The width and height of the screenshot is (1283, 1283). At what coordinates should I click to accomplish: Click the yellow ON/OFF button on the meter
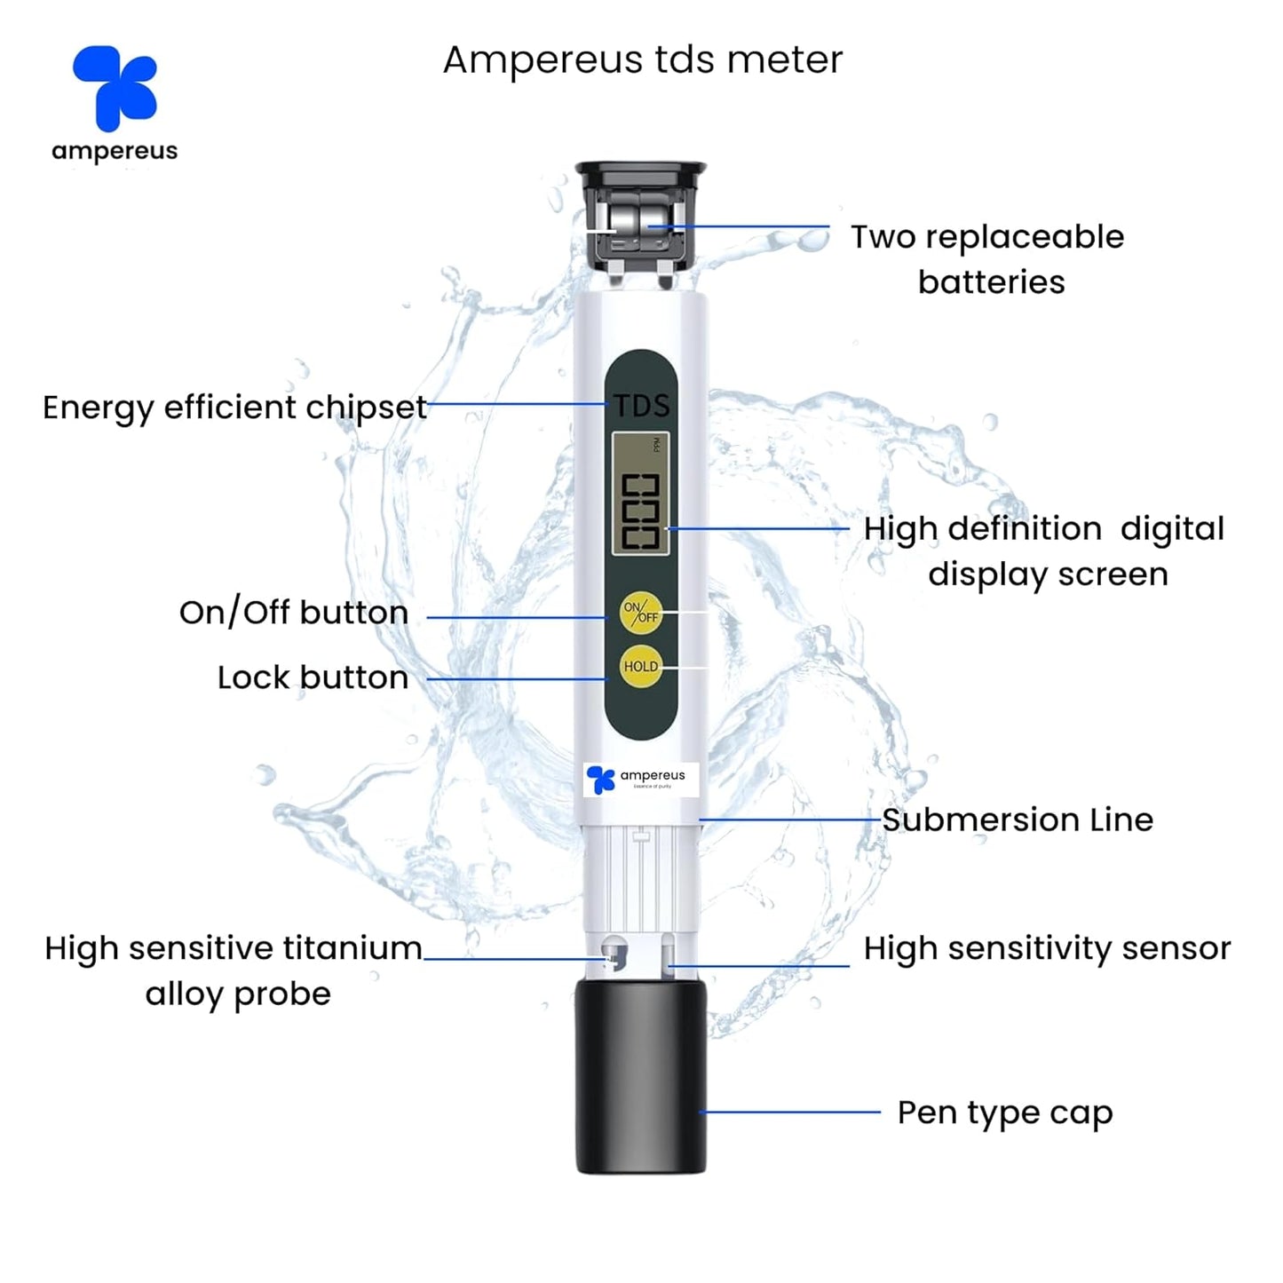pyautogui.click(x=640, y=613)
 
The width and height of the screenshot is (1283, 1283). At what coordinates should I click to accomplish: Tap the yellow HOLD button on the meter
pyautogui.click(x=640, y=667)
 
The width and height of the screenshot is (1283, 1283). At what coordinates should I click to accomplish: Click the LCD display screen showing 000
pyautogui.click(x=640, y=494)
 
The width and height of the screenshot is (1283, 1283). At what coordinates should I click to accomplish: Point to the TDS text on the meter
pyautogui.click(x=641, y=407)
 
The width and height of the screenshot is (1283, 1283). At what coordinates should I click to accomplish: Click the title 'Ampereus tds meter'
pyautogui.click(x=642, y=60)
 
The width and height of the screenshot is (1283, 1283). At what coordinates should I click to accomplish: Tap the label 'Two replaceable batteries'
pyautogui.click(x=987, y=259)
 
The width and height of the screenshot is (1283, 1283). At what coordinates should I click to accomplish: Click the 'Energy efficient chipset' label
pyautogui.click(x=235, y=408)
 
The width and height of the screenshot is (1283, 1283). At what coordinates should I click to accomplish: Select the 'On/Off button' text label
pyautogui.click(x=294, y=613)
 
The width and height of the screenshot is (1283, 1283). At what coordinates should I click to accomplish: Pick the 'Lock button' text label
pyautogui.click(x=313, y=678)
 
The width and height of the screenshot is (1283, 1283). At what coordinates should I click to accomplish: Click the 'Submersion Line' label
pyautogui.click(x=1018, y=820)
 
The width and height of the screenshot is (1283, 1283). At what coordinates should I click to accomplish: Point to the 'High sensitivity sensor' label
pyautogui.click(x=1047, y=949)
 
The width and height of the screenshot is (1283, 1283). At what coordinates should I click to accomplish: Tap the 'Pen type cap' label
pyautogui.click(x=1004, y=1113)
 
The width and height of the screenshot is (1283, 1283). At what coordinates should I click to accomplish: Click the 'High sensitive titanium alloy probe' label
pyautogui.click(x=234, y=970)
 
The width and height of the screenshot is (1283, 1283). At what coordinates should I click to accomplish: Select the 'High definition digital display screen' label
pyautogui.click(x=1044, y=550)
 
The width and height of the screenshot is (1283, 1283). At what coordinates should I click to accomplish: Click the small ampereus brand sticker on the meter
pyautogui.click(x=641, y=780)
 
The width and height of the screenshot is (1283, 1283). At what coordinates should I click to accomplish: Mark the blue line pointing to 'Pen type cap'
pyautogui.click(x=790, y=1112)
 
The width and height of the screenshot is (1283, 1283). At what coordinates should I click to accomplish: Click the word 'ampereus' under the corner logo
pyautogui.click(x=115, y=152)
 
